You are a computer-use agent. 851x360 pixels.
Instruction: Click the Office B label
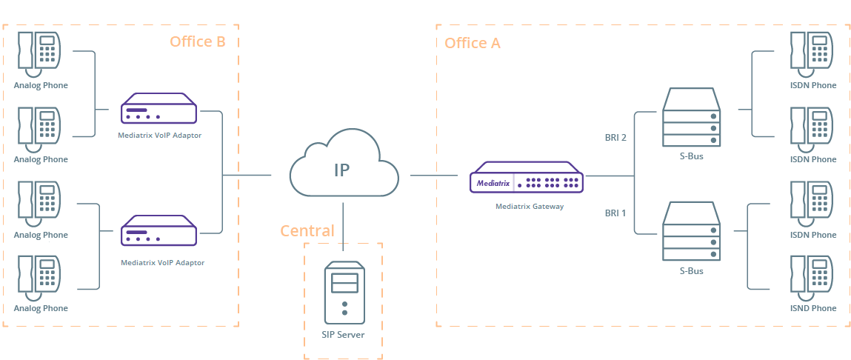tap(198, 41)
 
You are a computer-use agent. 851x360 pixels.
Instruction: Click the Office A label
tap(473, 43)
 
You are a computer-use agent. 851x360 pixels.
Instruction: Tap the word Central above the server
tap(307, 231)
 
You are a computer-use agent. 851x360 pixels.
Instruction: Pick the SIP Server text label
tap(343, 335)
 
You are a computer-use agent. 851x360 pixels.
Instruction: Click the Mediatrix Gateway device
tap(527, 177)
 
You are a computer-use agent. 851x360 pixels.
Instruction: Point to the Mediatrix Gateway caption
tap(530, 207)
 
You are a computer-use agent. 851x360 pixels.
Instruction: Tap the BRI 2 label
tap(615, 137)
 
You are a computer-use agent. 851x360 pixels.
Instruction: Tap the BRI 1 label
tap(615, 213)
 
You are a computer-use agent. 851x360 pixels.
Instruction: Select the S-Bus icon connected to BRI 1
tap(692, 231)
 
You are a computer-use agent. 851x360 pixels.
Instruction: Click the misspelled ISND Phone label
tap(813, 308)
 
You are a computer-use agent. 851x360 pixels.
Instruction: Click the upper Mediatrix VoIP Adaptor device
tap(158, 108)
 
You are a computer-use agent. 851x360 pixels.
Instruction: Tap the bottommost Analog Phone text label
tap(41, 308)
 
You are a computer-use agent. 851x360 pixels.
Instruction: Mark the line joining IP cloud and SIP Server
tap(344, 227)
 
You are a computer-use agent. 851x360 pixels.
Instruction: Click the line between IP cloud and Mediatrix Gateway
tap(433, 176)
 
